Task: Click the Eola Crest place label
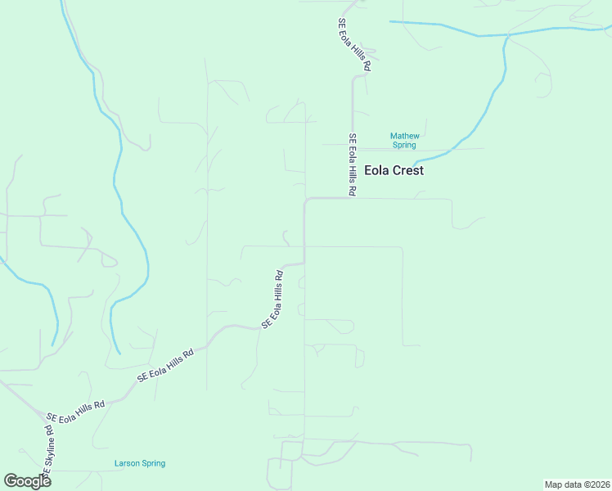click(394, 171)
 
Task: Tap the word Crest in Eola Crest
click(408, 171)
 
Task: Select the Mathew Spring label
click(404, 140)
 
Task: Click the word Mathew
click(404, 136)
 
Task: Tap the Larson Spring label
click(139, 463)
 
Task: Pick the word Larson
click(126, 463)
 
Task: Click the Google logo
click(27, 481)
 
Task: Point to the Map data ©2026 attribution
click(577, 484)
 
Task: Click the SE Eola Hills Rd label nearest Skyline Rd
click(76, 410)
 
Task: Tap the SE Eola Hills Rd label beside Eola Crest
click(352, 164)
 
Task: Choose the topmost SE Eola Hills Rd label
click(354, 47)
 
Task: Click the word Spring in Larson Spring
click(153, 463)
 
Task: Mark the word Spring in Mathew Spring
click(404, 145)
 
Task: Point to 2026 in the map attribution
click(598, 484)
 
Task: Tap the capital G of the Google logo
click(11, 481)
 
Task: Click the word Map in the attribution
click(553, 484)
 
